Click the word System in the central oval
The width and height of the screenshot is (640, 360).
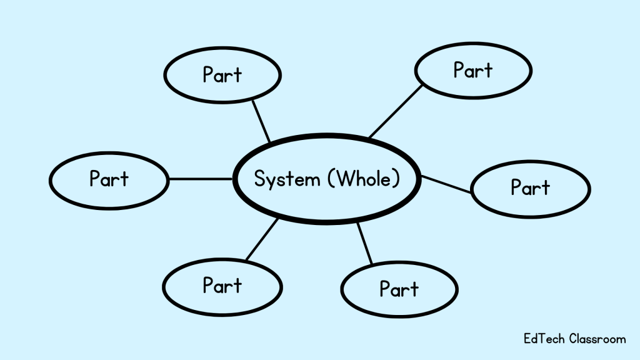pyautogui.click(x=287, y=179)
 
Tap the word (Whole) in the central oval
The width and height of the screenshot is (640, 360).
pyautogui.click(x=363, y=179)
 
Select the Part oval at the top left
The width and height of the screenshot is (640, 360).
pyautogui.click(x=222, y=74)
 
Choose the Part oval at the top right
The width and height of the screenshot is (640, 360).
pyautogui.click(x=473, y=70)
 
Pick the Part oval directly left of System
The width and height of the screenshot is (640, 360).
pyautogui.click(x=109, y=179)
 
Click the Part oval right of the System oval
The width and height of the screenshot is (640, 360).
pyautogui.click(x=530, y=187)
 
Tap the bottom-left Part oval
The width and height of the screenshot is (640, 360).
pyautogui.click(x=222, y=286)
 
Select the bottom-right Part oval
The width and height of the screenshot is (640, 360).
pyautogui.click(x=399, y=289)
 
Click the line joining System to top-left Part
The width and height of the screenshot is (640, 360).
pyautogui.click(x=261, y=121)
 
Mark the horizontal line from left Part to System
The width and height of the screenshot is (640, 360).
pyautogui.click(x=201, y=179)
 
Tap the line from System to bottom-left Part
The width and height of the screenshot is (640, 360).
pyautogui.click(x=262, y=239)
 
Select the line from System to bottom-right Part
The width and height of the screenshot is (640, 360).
pyautogui.click(x=364, y=244)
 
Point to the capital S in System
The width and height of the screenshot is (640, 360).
pyautogui.click(x=259, y=179)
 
